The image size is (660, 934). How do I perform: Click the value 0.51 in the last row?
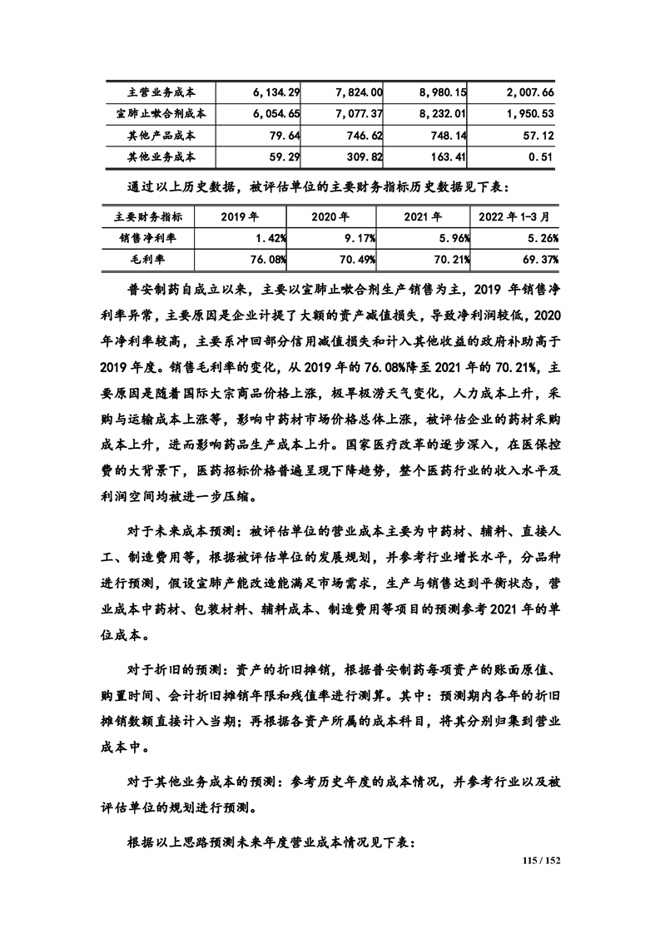541,156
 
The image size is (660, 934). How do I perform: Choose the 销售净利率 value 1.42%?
270,239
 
